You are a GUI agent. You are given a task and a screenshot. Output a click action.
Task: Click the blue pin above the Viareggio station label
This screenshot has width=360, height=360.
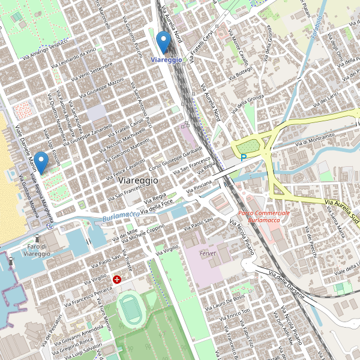pos(163,42)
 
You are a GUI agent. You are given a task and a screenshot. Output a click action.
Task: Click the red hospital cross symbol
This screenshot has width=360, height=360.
pos(117,280)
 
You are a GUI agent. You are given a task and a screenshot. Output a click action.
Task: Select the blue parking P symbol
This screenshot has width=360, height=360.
pos(243,158)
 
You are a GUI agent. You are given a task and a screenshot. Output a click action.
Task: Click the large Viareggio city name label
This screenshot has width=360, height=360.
pos(139,180)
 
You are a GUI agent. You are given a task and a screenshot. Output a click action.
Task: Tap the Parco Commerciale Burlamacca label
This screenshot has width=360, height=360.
pos(263,217)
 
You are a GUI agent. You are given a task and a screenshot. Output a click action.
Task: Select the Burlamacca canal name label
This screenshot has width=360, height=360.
pos(121,215)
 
